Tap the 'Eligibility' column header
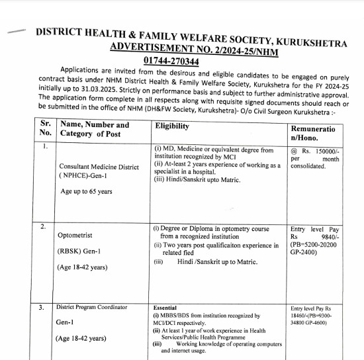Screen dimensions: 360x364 [x=171, y=126]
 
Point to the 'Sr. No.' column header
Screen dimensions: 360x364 [x=45, y=130]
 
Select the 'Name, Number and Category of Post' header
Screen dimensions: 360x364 [x=95, y=130]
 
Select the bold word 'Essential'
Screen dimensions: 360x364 [x=165, y=308]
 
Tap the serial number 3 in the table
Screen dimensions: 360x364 [x=42, y=308]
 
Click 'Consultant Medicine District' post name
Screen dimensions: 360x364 [x=99, y=167]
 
